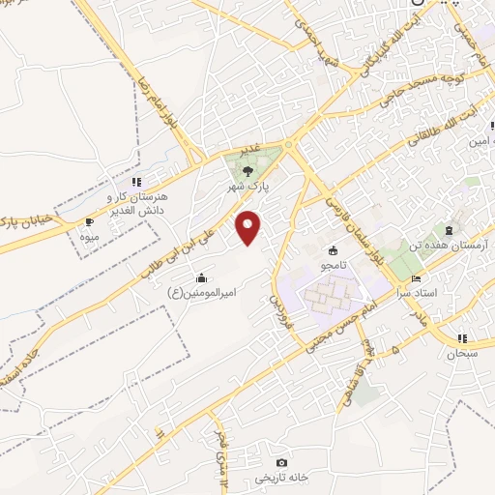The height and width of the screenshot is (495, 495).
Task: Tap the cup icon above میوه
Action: pos(89,221)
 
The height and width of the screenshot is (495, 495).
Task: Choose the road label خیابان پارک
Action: pos(20,212)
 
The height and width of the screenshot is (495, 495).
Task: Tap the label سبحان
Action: pos(461,354)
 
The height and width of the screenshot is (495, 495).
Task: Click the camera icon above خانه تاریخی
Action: pos(281,463)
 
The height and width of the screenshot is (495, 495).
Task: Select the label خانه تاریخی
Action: pos(279,478)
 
